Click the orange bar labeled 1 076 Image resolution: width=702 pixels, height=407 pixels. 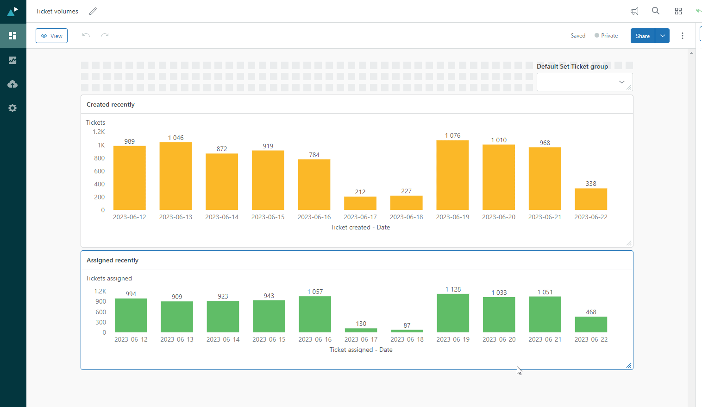pyautogui.click(x=452, y=175)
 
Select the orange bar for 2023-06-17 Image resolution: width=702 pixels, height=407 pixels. pyautogui.click(x=360, y=203)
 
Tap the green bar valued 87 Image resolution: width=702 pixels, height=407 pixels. pyautogui.click(x=407, y=331)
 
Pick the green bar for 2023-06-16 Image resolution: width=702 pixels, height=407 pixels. pyautogui.click(x=315, y=314)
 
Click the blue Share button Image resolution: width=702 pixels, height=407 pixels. pyautogui.click(x=642, y=36)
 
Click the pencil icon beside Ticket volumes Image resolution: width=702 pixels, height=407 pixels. pyautogui.click(x=93, y=11)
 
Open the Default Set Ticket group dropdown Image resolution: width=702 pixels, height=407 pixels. pyautogui.click(x=584, y=82)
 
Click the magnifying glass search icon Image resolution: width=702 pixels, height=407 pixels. pyautogui.click(x=656, y=11)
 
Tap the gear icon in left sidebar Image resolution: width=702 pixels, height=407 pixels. pyautogui.click(x=13, y=108)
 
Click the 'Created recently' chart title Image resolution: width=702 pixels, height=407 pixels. pyautogui.click(x=111, y=104)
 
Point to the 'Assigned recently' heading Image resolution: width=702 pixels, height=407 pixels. pyautogui.click(x=113, y=260)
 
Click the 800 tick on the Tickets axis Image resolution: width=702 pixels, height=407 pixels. pyautogui.click(x=100, y=158)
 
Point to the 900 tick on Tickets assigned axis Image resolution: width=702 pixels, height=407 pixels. pyautogui.click(x=101, y=301)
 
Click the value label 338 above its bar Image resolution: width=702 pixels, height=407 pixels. pyautogui.click(x=591, y=184)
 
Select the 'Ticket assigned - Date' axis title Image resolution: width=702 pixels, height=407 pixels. pyautogui.click(x=361, y=350)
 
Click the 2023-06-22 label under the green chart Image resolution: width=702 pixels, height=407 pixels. pyautogui.click(x=591, y=339)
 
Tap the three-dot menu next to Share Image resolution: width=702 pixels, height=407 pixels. pyautogui.click(x=683, y=36)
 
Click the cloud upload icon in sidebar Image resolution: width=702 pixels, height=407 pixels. pyautogui.click(x=13, y=84)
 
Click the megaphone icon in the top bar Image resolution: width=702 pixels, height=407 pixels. pyautogui.click(x=634, y=11)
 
